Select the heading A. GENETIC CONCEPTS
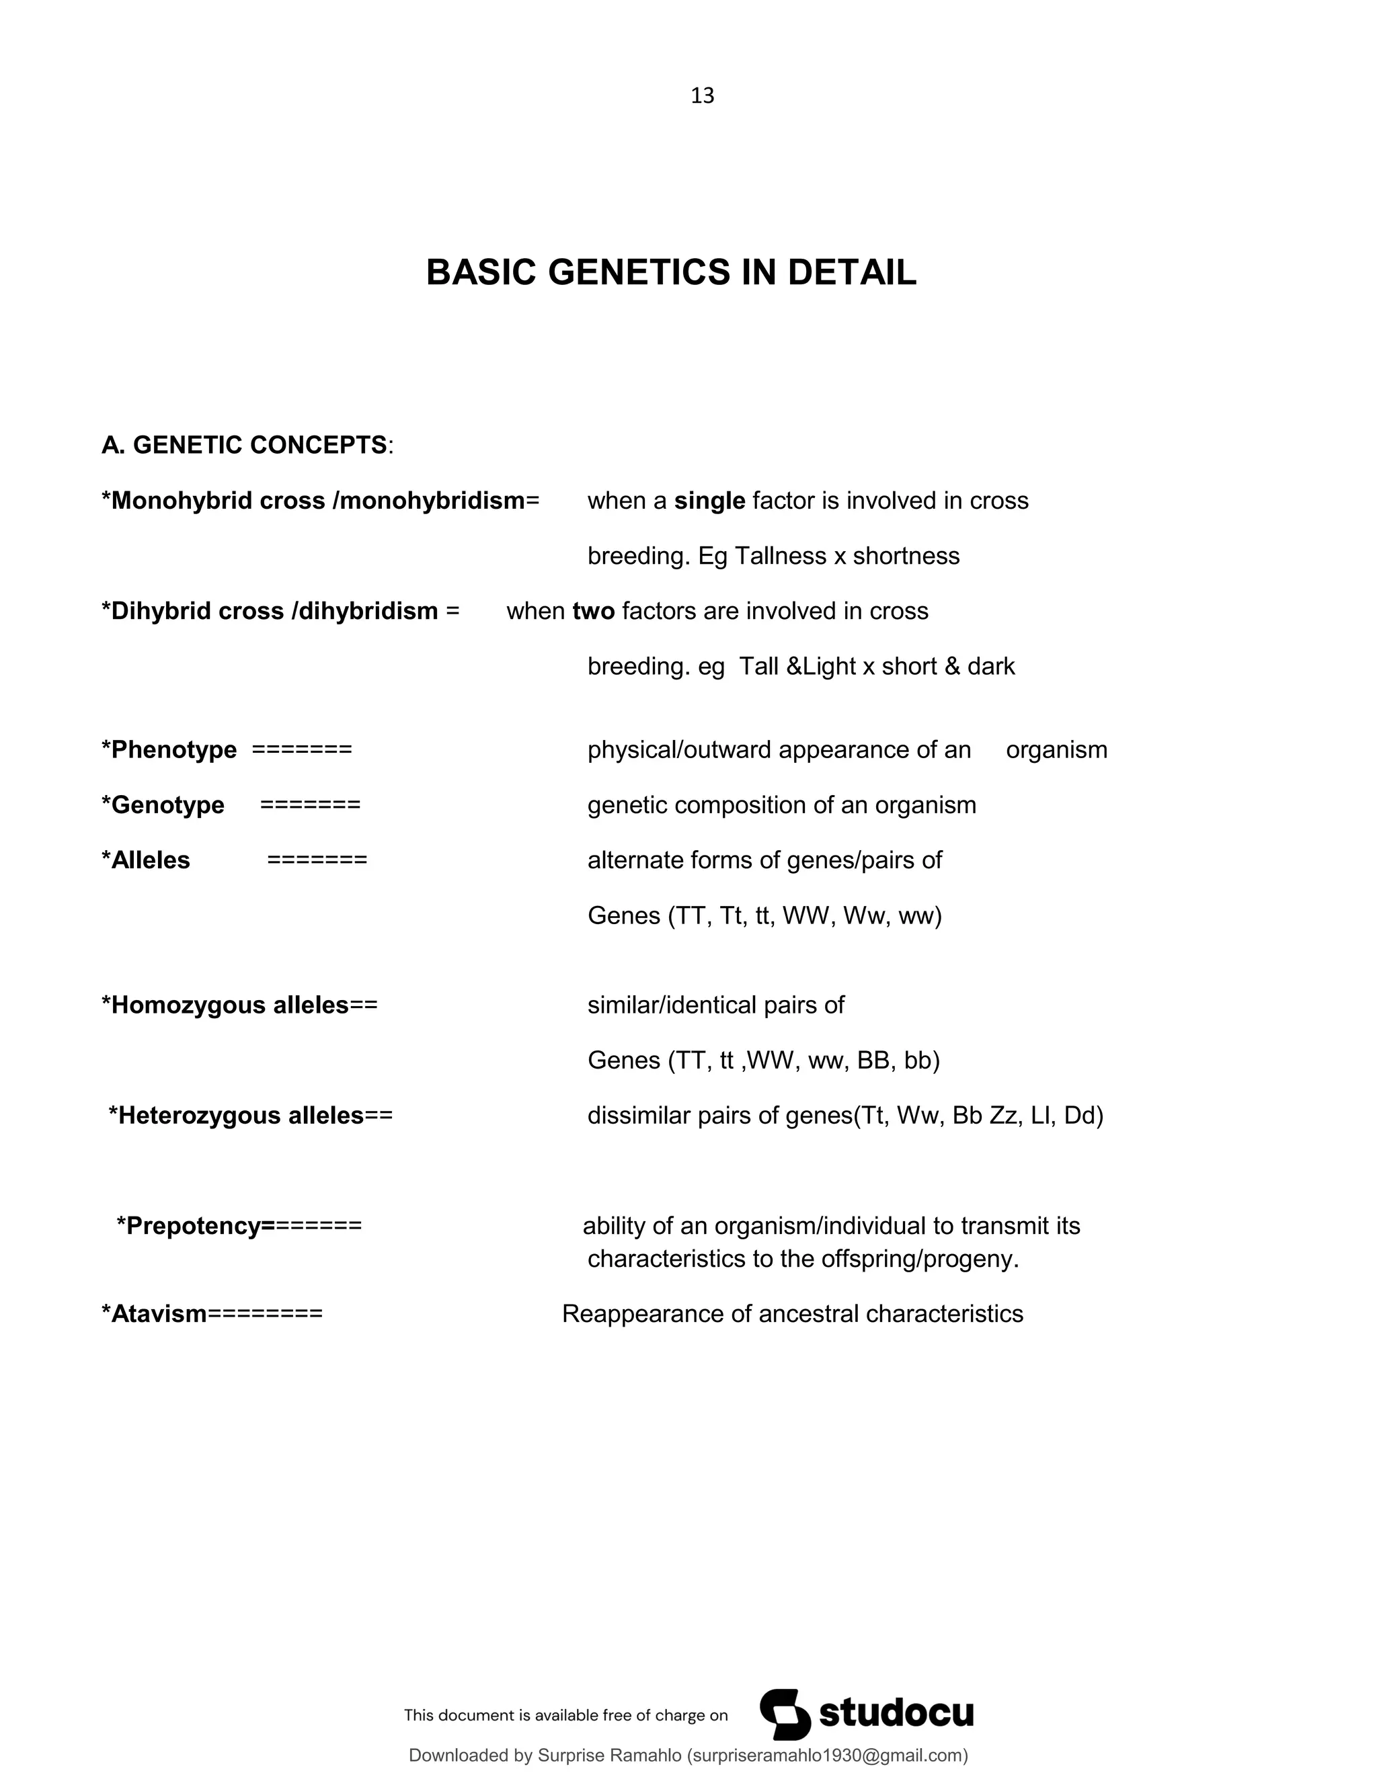(245, 445)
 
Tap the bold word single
(709, 501)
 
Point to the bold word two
(593, 612)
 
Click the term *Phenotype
(169, 750)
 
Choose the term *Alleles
(145, 860)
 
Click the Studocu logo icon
(785, 1714)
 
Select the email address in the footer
(827, 1755)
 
